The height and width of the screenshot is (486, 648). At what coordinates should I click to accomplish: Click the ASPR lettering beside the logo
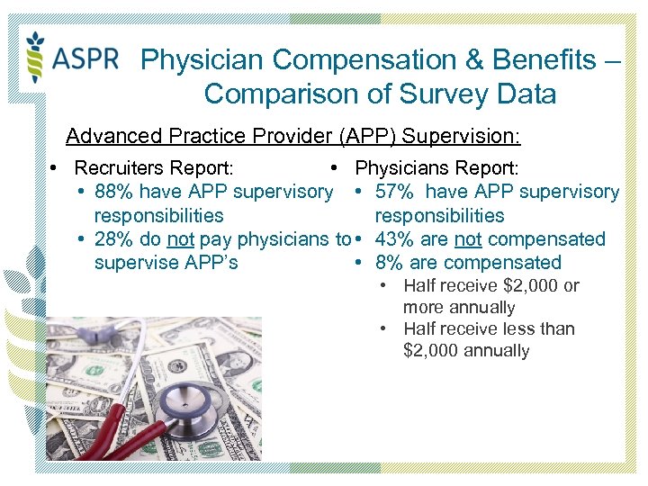coord(85,59)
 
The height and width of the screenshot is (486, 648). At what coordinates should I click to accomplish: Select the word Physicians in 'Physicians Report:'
coord(400,168)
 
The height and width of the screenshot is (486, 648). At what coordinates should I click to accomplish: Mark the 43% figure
coord(393,239)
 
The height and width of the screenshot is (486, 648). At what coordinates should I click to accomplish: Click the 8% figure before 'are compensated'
coord(388,263)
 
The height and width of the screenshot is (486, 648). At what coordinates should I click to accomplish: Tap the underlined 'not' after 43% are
coord(468,239)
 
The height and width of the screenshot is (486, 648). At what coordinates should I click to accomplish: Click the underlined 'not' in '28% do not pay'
coord(181,239)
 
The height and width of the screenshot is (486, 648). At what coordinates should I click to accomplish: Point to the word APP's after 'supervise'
coord(207,263)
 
